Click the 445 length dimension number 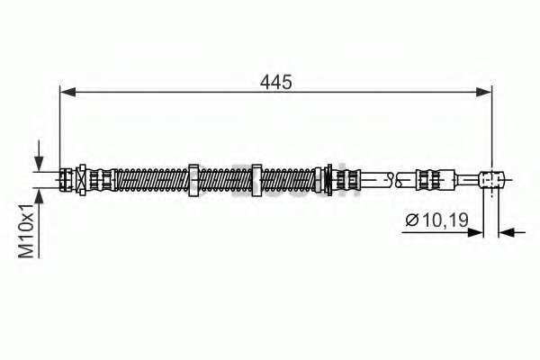coord(276,82)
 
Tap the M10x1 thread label coord(26,230)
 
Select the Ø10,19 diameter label coord(437,220)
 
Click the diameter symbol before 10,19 coord(411,220)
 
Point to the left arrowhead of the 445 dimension coord(67,92)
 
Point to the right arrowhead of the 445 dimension coord(484,92)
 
